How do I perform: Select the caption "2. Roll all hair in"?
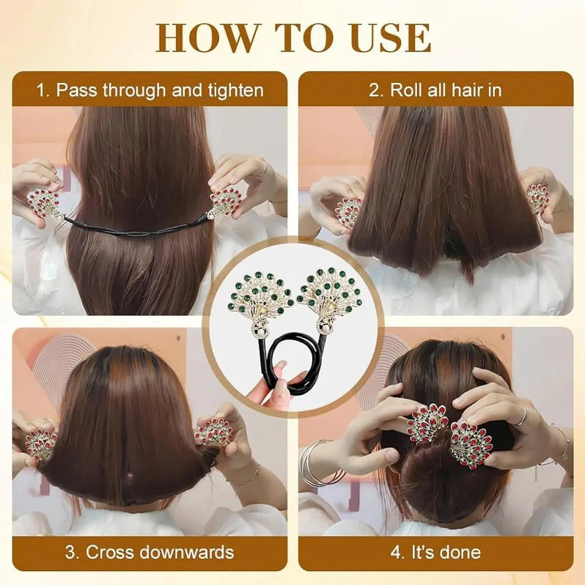click(435, 90)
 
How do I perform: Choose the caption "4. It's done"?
click(435, 552)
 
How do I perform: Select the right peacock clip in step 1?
click(227, 201)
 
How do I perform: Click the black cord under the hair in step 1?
click(139, 228)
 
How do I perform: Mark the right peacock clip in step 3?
click(215, 433)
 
